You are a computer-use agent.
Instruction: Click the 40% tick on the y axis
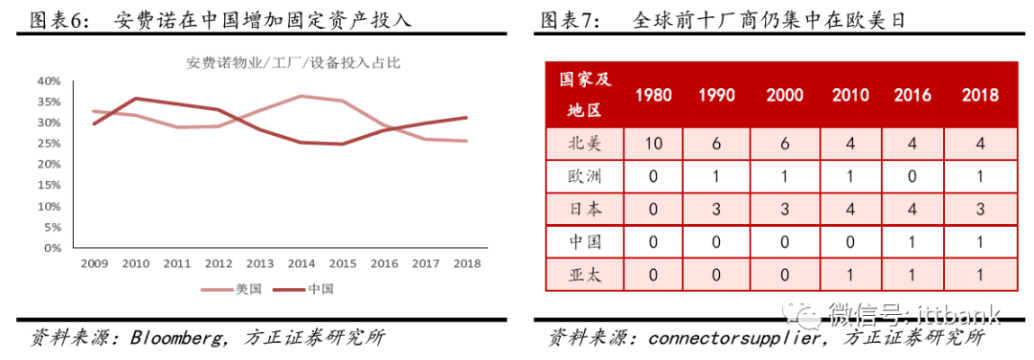[x=49, y=80]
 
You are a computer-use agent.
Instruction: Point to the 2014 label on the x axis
[x=302, y=263]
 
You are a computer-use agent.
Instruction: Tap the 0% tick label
[x=53, y=248]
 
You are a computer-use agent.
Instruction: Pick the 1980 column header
[x=653, y=95]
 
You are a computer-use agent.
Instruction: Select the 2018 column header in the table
[x=979, y=95]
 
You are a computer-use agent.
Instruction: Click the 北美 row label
[x=584, y=144]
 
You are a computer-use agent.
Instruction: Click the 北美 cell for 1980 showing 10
[x=653, y=144]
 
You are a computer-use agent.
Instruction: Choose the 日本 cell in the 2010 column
[x=850, y=210]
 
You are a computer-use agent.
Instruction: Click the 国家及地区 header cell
[x=584, y=95]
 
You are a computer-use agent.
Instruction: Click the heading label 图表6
[x=56, y=18]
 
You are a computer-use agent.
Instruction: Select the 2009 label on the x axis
[x=94, y=263]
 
